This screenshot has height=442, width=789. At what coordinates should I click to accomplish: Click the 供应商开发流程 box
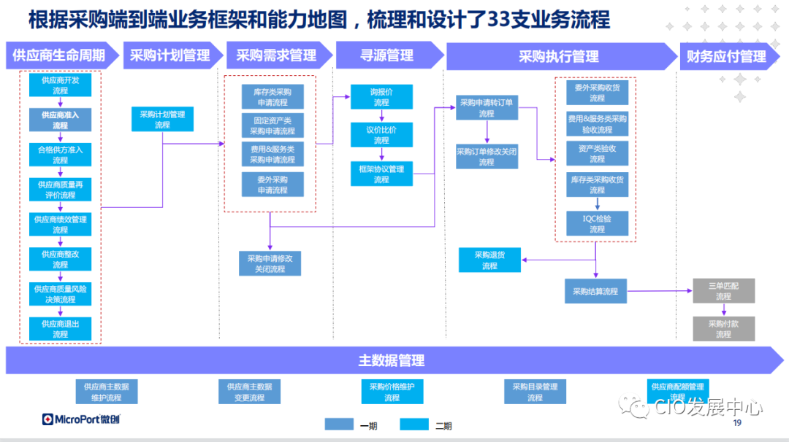(x=60, y=85)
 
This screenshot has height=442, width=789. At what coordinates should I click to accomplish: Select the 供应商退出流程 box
(x=60, y=329)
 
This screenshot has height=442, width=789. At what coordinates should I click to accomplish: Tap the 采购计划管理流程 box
(x=162, y=120)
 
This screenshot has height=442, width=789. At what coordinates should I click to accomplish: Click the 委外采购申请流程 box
(x=272, y=185)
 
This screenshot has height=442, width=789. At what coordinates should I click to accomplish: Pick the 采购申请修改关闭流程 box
(x=270, y=263)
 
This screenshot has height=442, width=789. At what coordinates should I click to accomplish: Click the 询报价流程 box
(x=381, y=97)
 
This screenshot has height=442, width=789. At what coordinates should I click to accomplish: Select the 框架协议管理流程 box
(x=381, y=174)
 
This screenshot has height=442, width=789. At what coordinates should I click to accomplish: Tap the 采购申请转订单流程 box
(x=487, y=108)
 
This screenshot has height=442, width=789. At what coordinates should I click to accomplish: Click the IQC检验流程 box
(x=597, y=223)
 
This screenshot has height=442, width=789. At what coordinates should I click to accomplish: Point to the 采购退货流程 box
(x=489, y=260)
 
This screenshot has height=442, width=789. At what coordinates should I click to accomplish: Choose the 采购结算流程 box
(x=595, y=291)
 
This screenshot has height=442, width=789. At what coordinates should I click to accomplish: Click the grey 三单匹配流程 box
(x=723, y=291)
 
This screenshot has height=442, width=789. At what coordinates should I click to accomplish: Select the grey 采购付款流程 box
(x=723, y=329)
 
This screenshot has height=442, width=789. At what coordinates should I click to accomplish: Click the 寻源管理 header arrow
(x=387, y=55)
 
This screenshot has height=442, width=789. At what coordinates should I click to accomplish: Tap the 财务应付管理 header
(x=725, y=56)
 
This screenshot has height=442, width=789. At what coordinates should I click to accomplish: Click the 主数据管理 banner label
(x=391, y=360)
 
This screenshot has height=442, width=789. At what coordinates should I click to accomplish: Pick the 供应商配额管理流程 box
(x=677, y=391)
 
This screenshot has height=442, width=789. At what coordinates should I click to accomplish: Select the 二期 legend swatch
(x=414, y=424)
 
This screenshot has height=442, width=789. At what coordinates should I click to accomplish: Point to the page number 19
(x=736, y=423)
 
